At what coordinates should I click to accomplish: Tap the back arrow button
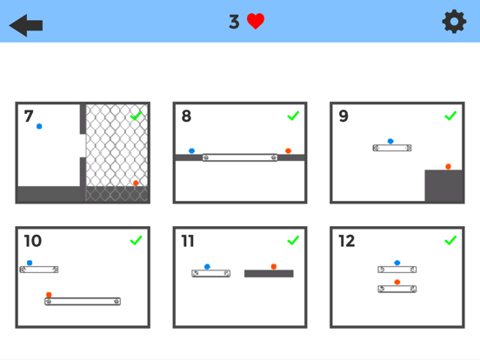[x=26, y=23]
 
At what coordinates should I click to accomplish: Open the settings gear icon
[x=454, y=22]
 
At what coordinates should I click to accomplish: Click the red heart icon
[x=256, y=22]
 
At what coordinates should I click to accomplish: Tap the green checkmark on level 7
[x=136, y=116]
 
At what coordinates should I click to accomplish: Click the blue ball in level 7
[x=39, y=127]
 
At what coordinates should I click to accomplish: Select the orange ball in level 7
[x=136, y=183]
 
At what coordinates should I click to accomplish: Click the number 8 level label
[x=187, y=117]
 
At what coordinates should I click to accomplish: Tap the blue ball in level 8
[x=191, y=150]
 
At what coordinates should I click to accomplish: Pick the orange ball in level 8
[x=288, y=150]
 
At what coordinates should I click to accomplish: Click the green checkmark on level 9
[x=450, y=116]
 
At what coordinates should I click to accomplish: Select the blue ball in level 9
[x=390, y=140]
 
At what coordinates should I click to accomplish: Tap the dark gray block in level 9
[x=443, y=185]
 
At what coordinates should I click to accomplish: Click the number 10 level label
[x=32, y=241]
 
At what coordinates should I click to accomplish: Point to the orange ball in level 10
[x=49, y=295]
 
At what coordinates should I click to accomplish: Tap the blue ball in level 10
[x=30, y=263]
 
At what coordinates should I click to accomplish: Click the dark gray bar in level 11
[x=269, y=273]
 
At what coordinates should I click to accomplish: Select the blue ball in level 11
[x=207, y=266]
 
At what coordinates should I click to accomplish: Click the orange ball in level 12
[x=397, y=282]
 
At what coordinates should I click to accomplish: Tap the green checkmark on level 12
[x=450, y=240]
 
